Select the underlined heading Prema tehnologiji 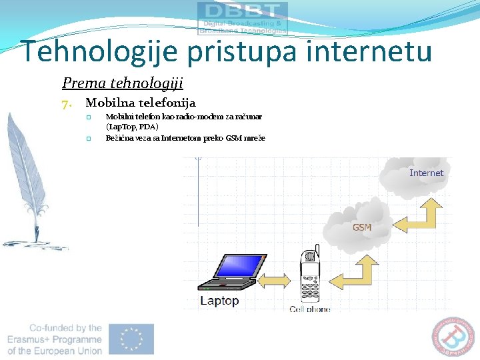click(x=122, y=83)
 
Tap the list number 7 click(x=65, y=103)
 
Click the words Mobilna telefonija click(x=140, y=103)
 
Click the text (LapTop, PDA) click(x=132, y=127)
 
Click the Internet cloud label click(x=426, y=173)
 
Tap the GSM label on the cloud click(x=362, y=227)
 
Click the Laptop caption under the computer click(x=219, y=301)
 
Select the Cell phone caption click(x=310, y=309)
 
